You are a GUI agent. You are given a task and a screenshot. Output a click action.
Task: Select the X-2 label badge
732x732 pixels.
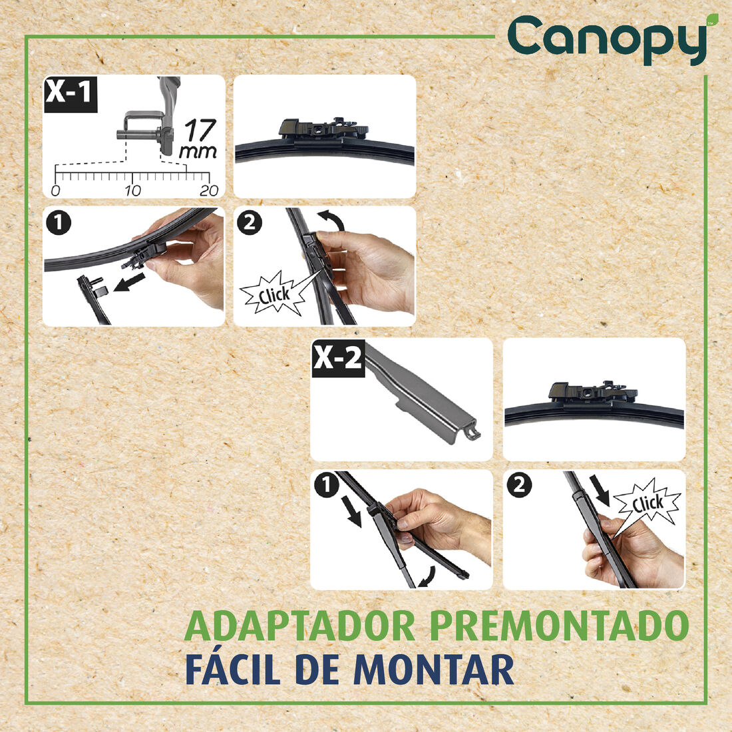(x=338, y=358)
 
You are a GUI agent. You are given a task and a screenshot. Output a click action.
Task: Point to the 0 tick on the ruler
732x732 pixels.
(x=55, y=191)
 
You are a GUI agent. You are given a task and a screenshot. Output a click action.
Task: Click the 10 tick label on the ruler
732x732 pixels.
(x=132, y=191)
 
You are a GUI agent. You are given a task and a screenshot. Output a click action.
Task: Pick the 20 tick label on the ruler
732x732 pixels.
(x=209, y=191)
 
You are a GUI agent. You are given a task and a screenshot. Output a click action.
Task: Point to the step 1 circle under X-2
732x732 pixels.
(x=326, y=486)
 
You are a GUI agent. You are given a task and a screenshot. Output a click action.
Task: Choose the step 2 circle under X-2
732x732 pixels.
(x=519, y=486)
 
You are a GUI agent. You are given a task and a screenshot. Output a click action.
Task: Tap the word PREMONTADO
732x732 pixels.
(x=560, y=626)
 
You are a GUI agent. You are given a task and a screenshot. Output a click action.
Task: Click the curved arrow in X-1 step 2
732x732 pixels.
(x=331, y=220)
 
